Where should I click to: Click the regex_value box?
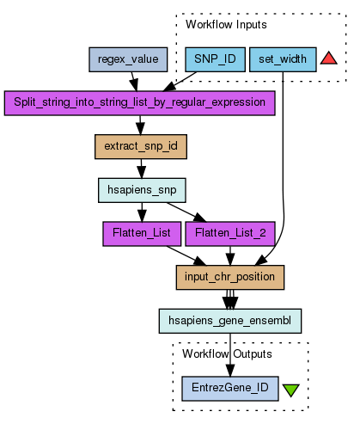point(128,59)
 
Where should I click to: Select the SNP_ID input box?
point(215,59)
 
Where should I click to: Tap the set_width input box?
point(283,59)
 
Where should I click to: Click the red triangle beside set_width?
point(328,58)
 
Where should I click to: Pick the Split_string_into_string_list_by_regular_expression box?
point(140,103)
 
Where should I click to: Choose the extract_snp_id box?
point(141,146)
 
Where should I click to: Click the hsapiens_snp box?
point(142,190)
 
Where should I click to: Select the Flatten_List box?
point(142,234)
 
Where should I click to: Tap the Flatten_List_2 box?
point(230,234)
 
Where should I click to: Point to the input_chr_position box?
point(230,277)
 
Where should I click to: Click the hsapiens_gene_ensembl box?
point(230,321)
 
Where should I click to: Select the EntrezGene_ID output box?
point(230,389)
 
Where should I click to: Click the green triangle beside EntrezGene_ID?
point(291,390)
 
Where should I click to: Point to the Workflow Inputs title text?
point(226,25)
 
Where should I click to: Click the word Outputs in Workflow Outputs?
point(253,354)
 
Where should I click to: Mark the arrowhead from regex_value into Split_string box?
point(134,85)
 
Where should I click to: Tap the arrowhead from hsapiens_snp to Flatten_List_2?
point(199,218)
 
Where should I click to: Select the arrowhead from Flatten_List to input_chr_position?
point(199,261)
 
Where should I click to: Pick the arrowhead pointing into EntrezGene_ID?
point(230,371)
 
